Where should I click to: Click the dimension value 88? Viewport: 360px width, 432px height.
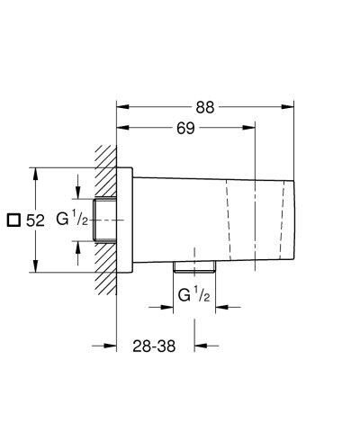coord(205,106)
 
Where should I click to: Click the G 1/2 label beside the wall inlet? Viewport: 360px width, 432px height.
coord(73,220)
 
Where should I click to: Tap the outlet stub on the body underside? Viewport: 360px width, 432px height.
coord(194,266)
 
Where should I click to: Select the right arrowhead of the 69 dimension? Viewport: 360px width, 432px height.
coord(255,130)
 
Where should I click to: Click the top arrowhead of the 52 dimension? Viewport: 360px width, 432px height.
coord(35,171)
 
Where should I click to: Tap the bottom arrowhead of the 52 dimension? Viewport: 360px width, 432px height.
coord(35,269)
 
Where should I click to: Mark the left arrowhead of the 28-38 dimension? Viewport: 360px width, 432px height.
coord(112,345)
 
